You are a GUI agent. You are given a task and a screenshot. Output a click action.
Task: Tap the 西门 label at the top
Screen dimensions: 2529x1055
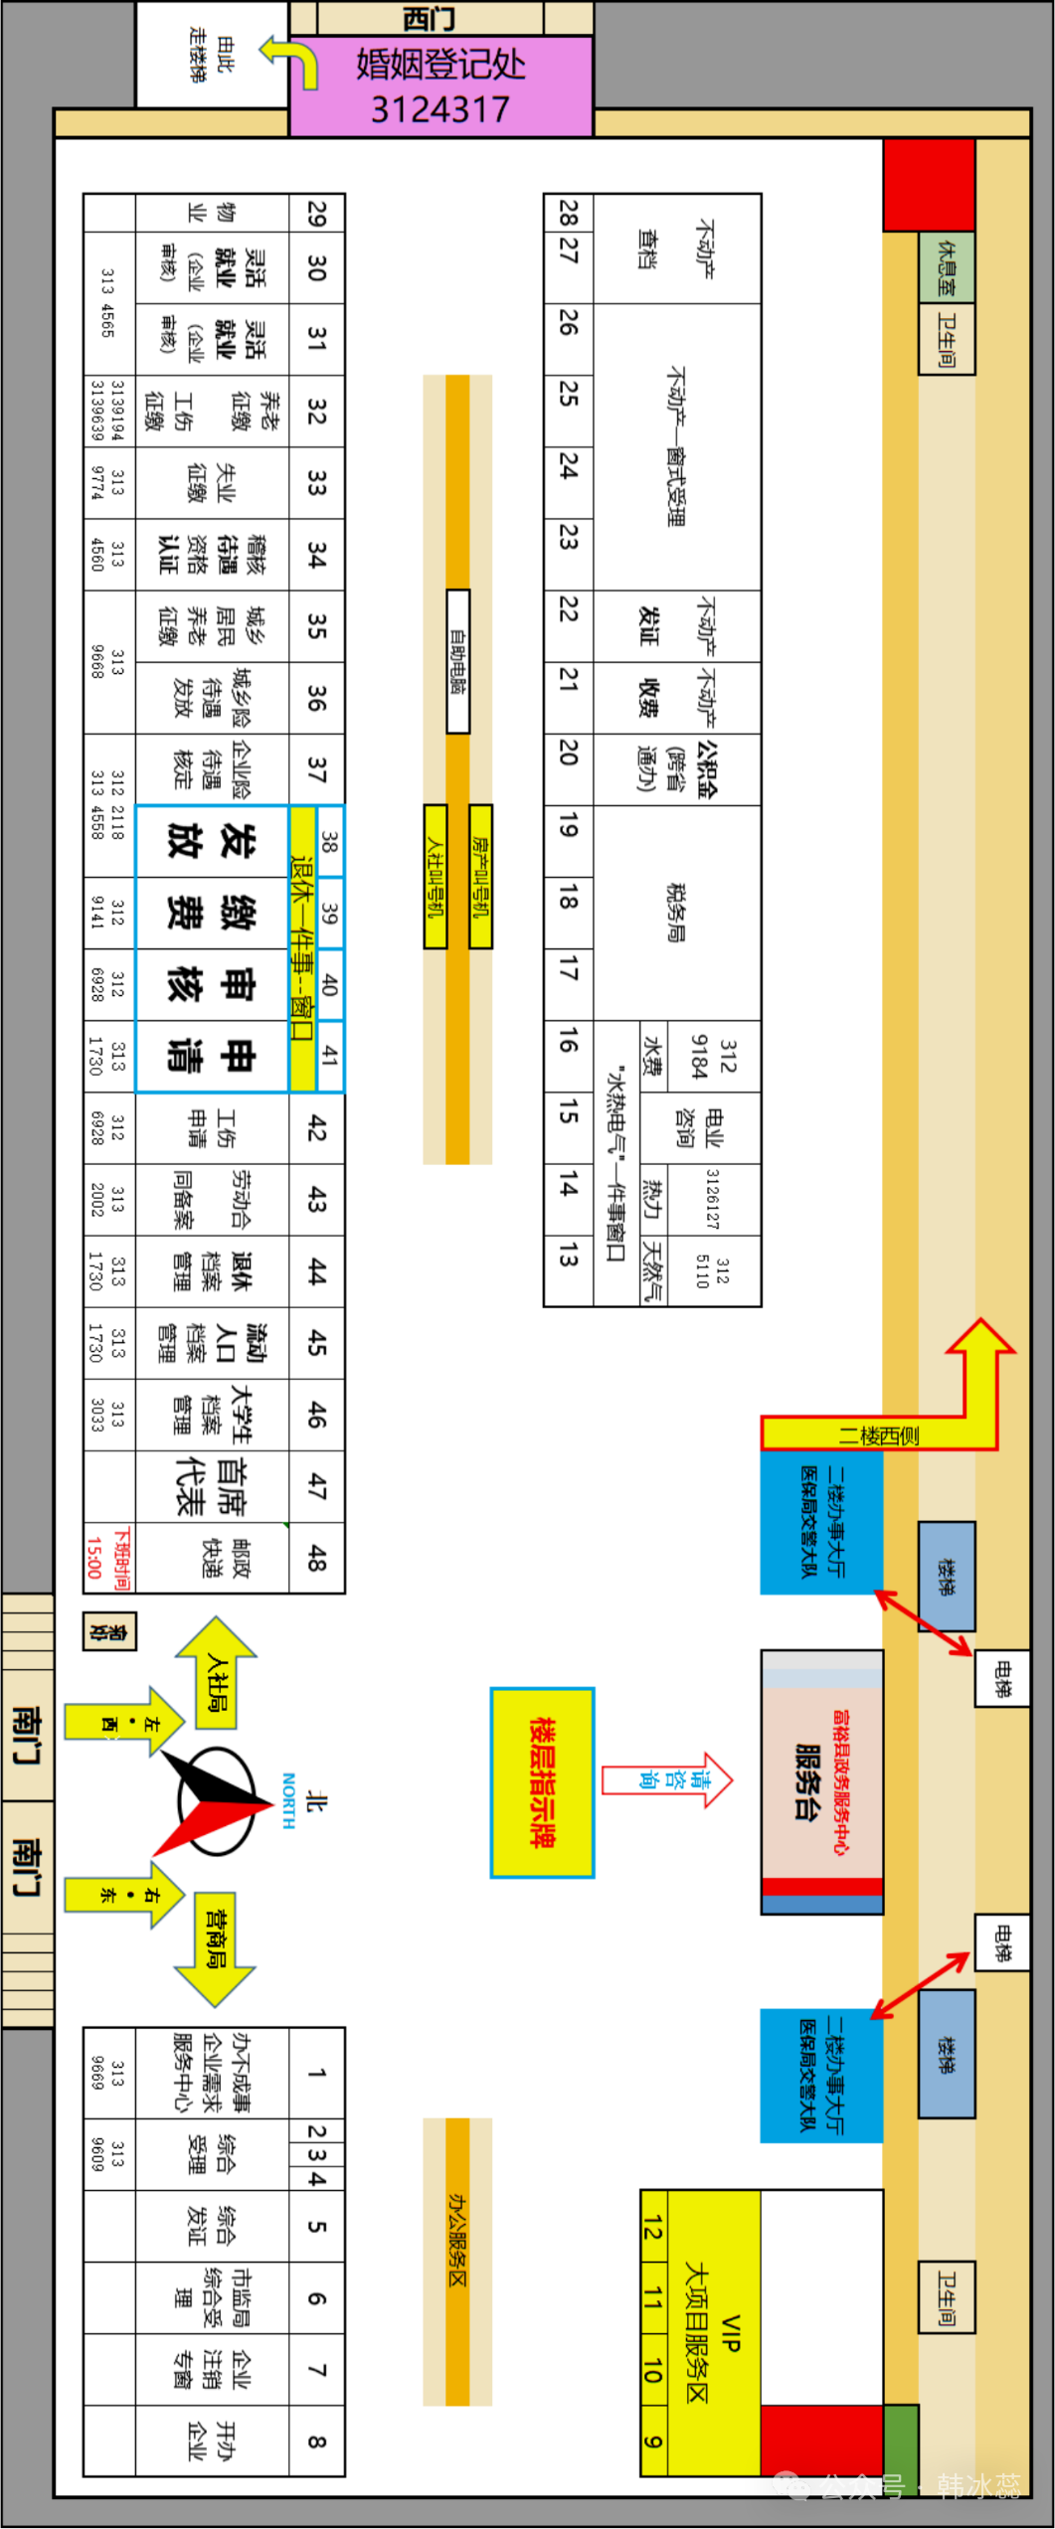pyautogui.click(x=430, y=19)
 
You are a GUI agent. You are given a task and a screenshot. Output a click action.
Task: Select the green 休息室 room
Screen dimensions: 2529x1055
pyautogui.click(x=946, y=266)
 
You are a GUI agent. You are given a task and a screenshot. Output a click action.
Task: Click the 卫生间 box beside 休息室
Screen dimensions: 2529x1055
pyautogui.click(x=946, y=339)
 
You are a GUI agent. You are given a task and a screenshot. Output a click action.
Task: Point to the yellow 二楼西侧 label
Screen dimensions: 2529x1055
pyautogui.click(x=878, y=1434)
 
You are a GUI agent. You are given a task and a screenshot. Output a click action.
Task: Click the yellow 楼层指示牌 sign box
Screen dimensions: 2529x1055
pyautogui.click(x=542, y=1782)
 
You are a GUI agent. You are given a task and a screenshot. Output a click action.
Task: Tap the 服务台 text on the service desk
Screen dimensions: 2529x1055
pyautogui.click(x=807, y=1780)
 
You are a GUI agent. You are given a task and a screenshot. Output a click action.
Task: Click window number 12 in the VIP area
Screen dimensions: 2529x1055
pyautogui.click(x=653, y=2227)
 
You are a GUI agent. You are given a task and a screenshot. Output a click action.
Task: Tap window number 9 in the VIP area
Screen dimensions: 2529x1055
pyautogui.click(x=653, y=2442)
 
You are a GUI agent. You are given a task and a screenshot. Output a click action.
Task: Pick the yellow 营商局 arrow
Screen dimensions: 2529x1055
pyautogui.click(x=216, y=1934)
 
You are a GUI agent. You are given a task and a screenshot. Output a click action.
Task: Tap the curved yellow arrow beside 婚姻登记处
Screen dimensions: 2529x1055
pyautogui.click(x=290, y=59)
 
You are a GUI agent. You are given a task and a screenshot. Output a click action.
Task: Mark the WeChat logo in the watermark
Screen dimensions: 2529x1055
pyautogui.click(x=791, y=2485)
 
